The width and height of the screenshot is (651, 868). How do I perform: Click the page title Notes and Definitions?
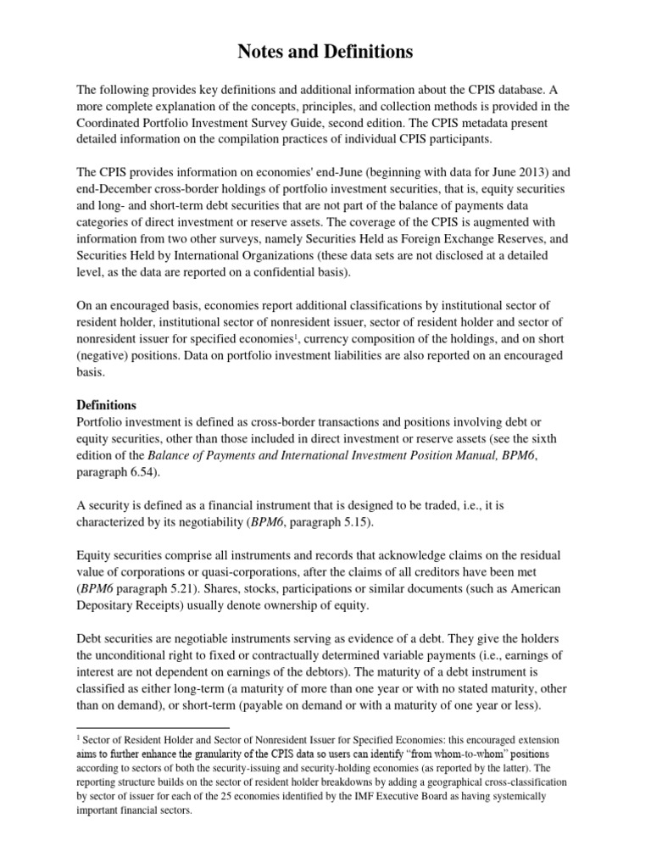point(325,53)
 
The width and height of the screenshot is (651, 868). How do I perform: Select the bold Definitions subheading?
point(106,405)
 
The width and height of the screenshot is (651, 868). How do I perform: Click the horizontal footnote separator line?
point(153,728)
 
